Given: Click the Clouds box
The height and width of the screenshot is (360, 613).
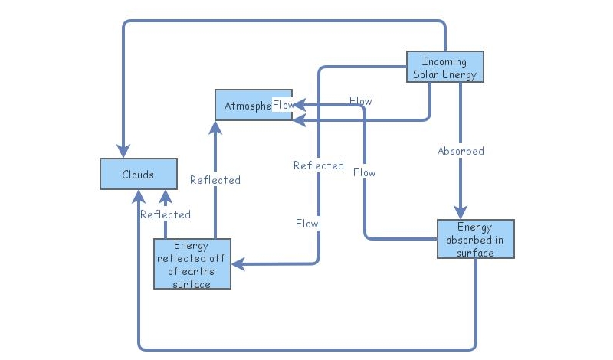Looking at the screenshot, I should pyautogui.click(x=139, y=174).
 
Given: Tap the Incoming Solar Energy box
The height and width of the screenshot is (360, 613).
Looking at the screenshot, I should pyautogui.click(x=444, y=67).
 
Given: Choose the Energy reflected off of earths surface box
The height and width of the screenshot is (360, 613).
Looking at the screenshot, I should pyautogui.click(x=192, y=263).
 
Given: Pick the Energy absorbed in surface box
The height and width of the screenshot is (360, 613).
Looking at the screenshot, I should pyautogui.click(x=475, y=239).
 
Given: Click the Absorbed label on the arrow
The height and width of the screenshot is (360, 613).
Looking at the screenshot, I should pyautogui.click(x=461, y=151).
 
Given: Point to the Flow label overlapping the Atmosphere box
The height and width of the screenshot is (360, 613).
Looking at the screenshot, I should pyautogui.click(x=283, y=105).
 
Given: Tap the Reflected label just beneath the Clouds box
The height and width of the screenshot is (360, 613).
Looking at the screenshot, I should pyautogui.click(x=166, y=214).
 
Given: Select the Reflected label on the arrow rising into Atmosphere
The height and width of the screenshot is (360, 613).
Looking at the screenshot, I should pyautogui.click(x=215, y=180).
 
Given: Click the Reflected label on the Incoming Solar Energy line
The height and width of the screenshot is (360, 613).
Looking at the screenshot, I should pyautogui.click(x=319, y=165).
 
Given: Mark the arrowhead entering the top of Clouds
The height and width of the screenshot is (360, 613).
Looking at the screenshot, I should pyautogui.click(x=123, y=150).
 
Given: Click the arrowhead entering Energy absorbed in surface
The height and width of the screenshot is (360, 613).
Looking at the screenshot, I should pyautogui.click(x=461, y=212).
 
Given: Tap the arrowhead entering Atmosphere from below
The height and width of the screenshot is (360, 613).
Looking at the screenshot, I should pyautogui.click(x=215, y=127).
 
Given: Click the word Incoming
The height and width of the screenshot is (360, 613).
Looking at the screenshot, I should pyautogui.click(x=444, y=61).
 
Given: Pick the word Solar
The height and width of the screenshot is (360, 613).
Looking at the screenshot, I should pyautogui.click(x=428, y=74).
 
